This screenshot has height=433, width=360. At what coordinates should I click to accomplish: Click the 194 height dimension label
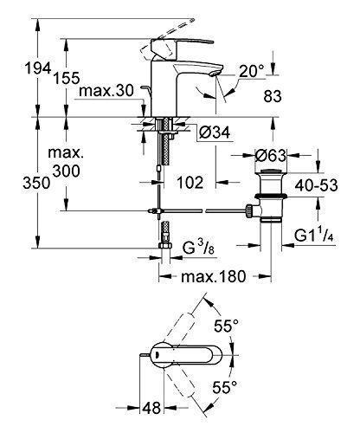click(x=38, y=68)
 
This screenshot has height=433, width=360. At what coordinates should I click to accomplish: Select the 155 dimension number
click(x=67, y=78)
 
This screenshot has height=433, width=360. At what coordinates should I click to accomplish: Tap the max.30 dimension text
click(x=106, y=91)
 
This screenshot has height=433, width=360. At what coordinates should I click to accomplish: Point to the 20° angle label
click(x=252, y=71)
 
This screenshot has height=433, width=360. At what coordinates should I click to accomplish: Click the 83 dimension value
click(x=273, y=96)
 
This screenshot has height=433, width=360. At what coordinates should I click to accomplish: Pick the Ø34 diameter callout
click(x=215, y=132)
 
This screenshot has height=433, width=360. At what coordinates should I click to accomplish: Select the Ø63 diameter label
click(x=271, y=156)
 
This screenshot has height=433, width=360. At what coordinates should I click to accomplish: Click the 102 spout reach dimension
click(x=190, y=183)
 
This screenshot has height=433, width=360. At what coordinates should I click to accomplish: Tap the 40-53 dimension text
click(x=316, y=185)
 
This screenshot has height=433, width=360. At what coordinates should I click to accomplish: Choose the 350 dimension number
click(x=36, y=183)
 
